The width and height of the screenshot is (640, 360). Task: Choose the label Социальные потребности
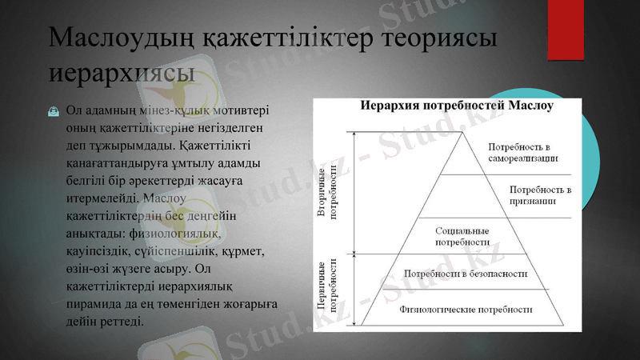click(x=462, y=235)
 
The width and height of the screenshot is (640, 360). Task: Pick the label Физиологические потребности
click(x=466, y=309)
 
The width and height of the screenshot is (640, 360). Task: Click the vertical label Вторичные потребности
click(x=326, y=193)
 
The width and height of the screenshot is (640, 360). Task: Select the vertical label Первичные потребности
click(x=326, y=286)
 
